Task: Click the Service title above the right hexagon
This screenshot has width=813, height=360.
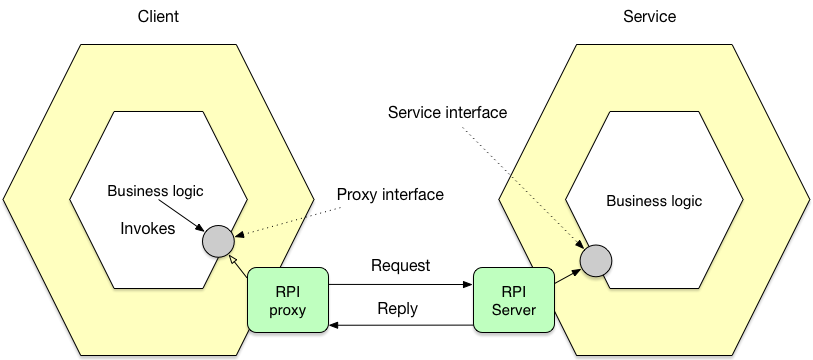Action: click(649, 17)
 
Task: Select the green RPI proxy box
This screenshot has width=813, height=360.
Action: click(288, 300)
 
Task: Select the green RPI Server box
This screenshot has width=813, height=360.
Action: click(512, 300)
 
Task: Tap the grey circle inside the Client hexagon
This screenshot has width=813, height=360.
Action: click(217, 241)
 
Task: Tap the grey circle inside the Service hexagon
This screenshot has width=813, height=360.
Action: click(596, 261)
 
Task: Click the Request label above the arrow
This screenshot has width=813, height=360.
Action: click(400, 266)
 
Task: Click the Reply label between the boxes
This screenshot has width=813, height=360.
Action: click(397, 308)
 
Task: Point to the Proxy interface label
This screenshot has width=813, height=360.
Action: click(389, 194)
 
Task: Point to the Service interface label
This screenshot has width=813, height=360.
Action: click(447, 112)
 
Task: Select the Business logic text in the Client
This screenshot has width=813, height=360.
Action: click(154, 191)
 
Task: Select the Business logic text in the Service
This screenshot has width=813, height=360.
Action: click(654, 201)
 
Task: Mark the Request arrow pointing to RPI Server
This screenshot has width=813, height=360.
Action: click(400, 285)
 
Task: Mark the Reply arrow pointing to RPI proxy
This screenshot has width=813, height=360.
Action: click(400, 325)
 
